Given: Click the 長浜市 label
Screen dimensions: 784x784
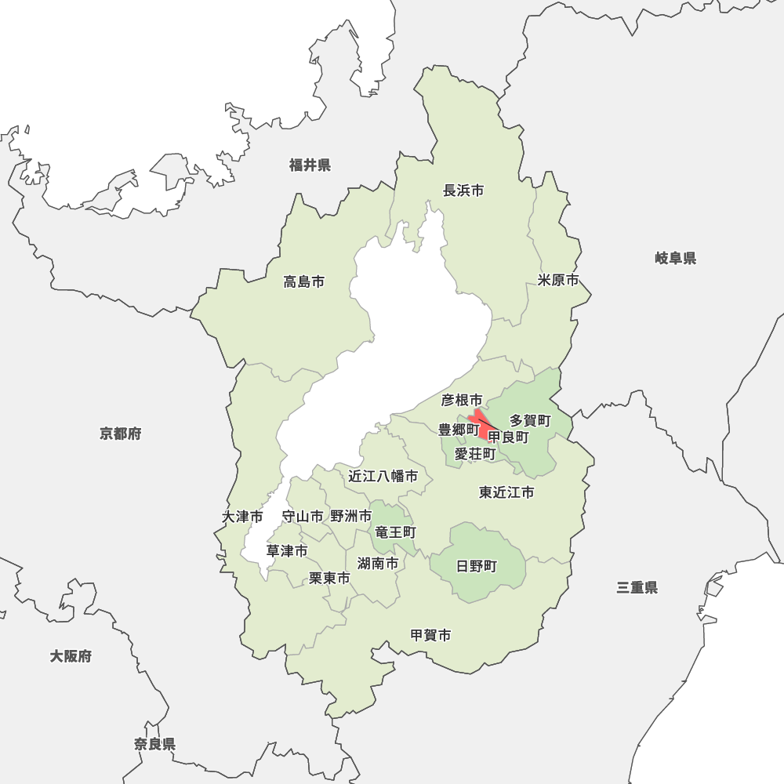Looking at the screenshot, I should (463, 191).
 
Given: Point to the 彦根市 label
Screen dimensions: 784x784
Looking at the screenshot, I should (461, 401).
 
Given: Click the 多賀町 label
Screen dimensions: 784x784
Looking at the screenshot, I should (530, 421).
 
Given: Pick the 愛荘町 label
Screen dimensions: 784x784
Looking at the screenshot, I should (475, 454).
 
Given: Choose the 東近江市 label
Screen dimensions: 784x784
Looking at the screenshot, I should (506, 492).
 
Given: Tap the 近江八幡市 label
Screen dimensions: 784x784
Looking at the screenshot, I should (383, 476).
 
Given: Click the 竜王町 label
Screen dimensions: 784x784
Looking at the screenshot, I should (395, 532).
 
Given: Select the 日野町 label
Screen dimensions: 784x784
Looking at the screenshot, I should (477, 566).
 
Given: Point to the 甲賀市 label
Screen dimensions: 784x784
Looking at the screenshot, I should (430, 635).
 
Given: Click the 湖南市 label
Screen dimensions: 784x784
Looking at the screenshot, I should (377, 563).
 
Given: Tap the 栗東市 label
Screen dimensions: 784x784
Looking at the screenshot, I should (329, 578).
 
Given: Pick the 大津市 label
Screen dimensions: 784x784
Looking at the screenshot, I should (242, 517).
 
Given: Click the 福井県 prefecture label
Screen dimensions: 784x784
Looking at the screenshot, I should (310, 165).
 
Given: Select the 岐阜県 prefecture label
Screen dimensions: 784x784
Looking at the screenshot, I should (675, 258).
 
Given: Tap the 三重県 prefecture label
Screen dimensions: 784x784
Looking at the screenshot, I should (637, 587).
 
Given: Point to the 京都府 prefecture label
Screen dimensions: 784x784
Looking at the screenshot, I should (121, 434).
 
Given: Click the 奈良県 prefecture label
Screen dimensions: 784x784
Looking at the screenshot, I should (154, 744).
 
